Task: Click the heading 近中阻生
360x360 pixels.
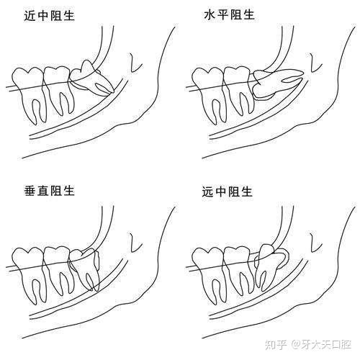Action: coord(49,16)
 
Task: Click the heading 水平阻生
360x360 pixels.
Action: coord(229,14)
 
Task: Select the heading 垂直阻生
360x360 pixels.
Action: coord(49,191)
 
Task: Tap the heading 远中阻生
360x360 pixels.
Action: coord(227,192)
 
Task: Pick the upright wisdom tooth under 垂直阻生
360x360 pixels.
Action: coord(85,269)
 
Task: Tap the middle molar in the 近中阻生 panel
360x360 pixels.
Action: coord(58,90)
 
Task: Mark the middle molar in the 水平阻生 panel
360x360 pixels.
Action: coord(239,91)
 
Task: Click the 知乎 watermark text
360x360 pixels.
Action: coord(276,345)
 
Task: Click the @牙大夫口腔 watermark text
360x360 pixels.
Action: coord(322,345)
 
